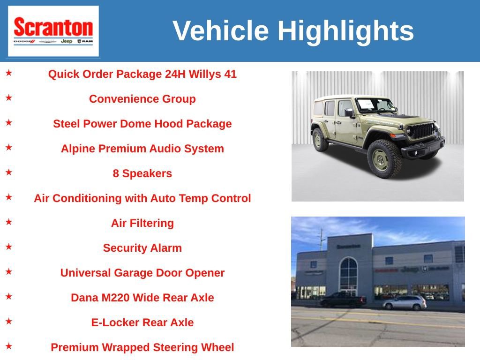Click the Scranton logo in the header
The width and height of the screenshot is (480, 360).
click(53, 31)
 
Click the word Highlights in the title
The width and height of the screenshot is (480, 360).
click(345, 31)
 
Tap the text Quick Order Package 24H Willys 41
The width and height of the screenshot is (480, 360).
click(142, 74)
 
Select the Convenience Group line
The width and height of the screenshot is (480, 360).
click(142, 99)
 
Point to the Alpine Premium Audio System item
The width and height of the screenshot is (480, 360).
click(142, 149)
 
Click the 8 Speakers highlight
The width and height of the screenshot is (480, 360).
click(142, 173)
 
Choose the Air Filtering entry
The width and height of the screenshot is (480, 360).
click(142, 223)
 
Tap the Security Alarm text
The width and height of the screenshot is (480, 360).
click(142, 248)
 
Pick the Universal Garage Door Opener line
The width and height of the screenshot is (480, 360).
click(142, 273)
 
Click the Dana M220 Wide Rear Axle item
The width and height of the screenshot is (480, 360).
click(142, 298)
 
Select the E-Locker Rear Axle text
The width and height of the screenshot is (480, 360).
click(142, 322)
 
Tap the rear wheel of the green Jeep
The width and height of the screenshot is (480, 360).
click(321, 139)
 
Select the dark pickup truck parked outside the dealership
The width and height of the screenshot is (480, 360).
click(343, 300)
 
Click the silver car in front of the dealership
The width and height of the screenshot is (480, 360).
click(405, 303)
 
